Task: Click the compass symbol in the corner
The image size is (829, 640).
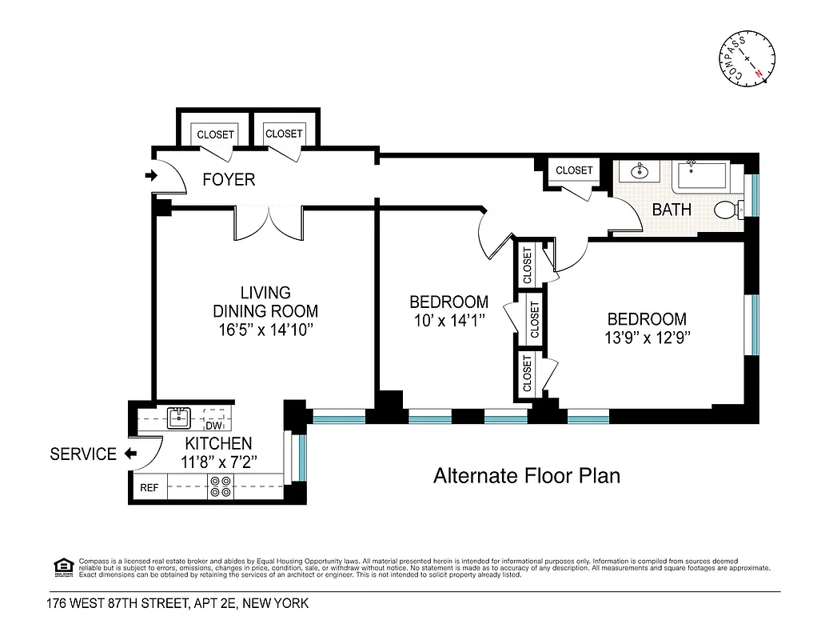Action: tap(747, 59)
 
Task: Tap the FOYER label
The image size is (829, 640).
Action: tap(229, 179)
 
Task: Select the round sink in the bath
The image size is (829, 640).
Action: tap(640, 170)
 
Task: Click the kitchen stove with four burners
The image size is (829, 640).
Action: tap(219, 486)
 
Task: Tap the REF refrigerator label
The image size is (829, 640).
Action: tap(149, 487)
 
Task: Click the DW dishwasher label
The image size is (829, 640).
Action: tap(213, 426)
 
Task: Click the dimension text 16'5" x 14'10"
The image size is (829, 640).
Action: tap(265, 330)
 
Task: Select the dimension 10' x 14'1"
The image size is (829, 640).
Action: tap(448, 320)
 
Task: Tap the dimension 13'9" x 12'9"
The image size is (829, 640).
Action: tap(647, 337)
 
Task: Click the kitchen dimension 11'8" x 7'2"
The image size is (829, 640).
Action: tap(218, 462)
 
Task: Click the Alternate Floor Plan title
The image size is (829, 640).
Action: tap(526, 476)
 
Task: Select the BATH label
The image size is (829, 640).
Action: tap(672, 210)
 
